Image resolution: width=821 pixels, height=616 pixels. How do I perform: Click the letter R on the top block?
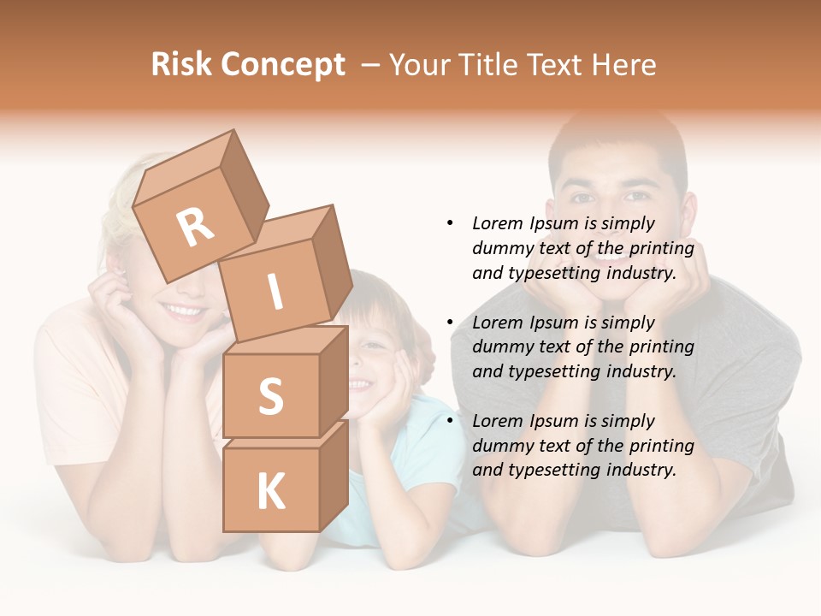[195, 228]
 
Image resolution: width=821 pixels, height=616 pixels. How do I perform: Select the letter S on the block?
[270, 397]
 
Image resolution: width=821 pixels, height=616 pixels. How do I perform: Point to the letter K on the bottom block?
[270, 492]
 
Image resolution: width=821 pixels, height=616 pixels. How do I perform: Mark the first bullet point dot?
[450, 223]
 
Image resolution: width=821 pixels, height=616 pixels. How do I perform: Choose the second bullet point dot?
[450, 323]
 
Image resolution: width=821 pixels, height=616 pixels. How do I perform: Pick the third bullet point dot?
[450, 421]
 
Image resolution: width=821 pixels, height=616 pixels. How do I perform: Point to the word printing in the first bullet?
[661, 248]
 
